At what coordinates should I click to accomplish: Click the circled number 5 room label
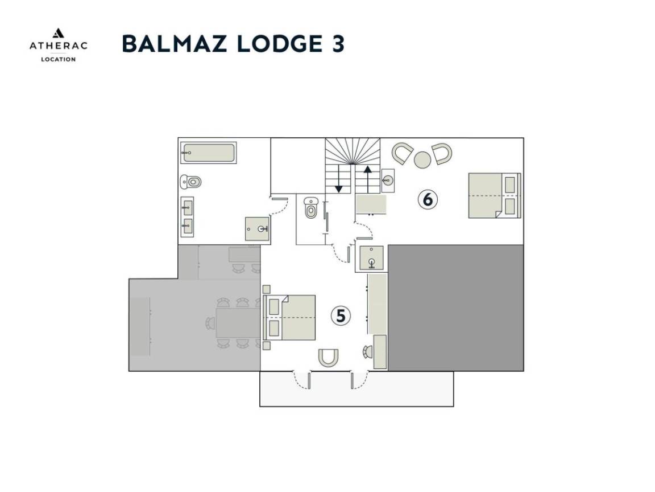[x=341, y=316]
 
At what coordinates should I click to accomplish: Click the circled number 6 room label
[x=428, y=199]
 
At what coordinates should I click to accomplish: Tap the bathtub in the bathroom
[x=209, y=153]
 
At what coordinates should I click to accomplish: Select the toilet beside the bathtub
[x=191, y=182]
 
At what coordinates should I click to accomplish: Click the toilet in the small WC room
[x=311, y=208]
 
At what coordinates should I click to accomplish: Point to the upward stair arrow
[x=368, y=179]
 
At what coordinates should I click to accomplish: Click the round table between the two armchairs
[x=422, y=160]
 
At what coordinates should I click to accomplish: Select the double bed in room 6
[x=495, y=195]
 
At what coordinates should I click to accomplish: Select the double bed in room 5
[x=289, y=318]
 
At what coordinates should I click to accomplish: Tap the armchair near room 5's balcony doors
[x=328, y=358]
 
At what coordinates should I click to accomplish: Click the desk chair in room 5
[x=368, y=352]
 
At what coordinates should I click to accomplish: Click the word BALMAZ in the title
[x=175, y=43]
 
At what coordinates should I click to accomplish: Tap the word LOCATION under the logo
[x=59, y=59]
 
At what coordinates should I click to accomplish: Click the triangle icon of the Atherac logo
[x=58, y=33]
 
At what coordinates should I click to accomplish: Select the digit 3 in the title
[x=338, y=43]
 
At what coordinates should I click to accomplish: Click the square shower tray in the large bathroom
[x=258, y=229]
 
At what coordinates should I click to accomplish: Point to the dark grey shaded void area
[x=456, y=308]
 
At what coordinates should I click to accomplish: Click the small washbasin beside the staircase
[x=388, y=181]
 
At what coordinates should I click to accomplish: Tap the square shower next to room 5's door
[x=371, y=258]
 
